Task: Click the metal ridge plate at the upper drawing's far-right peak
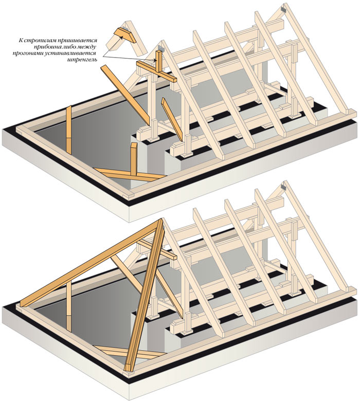(x=284, y=9)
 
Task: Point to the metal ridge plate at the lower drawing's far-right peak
(x=284, y=187)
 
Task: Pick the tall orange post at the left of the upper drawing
(x=68, y=130)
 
